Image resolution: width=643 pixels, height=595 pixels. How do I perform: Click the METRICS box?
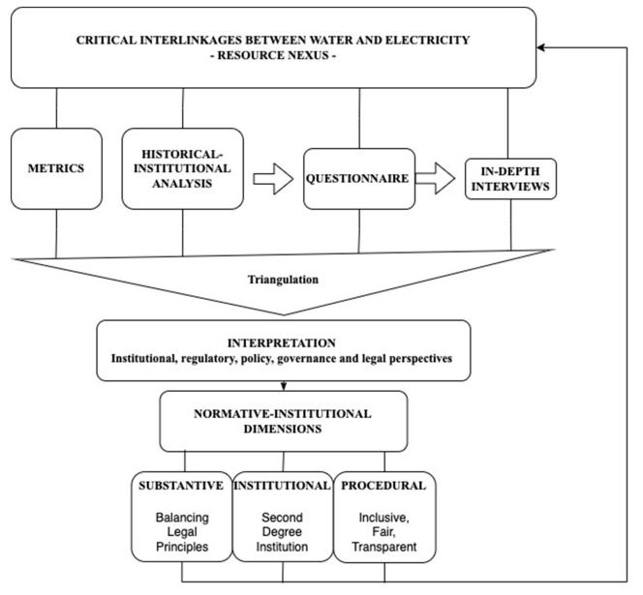[56, 169]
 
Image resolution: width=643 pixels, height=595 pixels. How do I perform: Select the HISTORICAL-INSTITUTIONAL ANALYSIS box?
[182, 169]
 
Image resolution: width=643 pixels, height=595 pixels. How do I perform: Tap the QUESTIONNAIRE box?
[359, 179]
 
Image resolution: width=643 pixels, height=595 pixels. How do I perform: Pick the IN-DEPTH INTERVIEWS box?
[510, 179]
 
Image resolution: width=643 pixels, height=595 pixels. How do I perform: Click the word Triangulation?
[283, 280]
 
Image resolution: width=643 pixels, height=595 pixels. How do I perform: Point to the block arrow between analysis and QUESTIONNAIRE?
[273, 179]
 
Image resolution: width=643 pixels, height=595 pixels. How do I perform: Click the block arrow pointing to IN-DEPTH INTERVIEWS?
[435, 178]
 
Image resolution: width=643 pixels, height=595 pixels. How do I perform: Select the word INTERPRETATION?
[282, 343]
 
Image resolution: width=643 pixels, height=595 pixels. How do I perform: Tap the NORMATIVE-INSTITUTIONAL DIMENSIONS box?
[284, 421]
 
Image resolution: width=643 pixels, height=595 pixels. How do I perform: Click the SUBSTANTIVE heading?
[181, 486]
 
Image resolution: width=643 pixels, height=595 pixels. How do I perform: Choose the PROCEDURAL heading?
[383, 486]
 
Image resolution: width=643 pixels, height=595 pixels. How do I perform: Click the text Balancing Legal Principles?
[182, 532]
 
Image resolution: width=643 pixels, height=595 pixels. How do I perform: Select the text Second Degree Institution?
[282, 532]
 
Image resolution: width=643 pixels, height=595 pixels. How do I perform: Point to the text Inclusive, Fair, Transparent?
[384, 532]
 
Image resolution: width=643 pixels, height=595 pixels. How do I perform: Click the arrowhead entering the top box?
[541, 48]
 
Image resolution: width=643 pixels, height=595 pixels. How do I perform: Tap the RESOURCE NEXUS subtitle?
[273, 55]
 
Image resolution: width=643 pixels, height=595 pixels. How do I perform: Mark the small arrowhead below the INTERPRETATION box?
[284, 386]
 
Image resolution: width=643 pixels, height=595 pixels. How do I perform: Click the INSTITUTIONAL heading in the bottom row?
[282, 486]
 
